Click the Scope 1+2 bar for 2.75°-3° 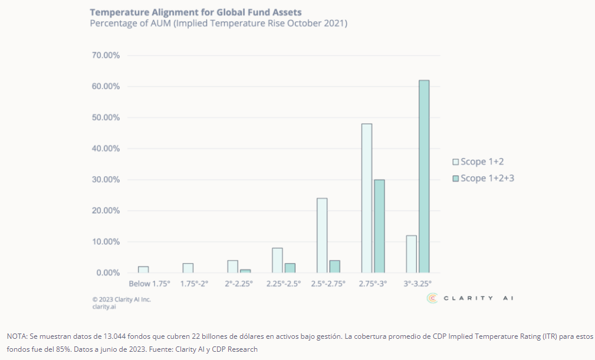click(x=367, y=198)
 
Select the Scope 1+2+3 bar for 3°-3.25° click(x=424, y=176)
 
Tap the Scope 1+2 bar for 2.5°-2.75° click(x=322, y=235)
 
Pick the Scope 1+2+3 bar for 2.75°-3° click(x=379, y=226)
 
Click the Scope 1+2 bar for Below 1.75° click(x=143, y=269)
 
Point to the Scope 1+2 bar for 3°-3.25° click(x=412, y=254)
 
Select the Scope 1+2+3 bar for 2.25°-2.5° click(x=290, y=268)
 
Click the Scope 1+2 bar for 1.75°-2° click(x=188, y=268)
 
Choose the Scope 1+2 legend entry click(x=478, y=161)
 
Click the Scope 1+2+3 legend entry click(x=484, y=178)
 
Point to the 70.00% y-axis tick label click(x=106, y=55)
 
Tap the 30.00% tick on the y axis click(x=106, y=180)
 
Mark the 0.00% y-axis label click(x=108, y=273)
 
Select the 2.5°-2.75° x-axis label click(x=328, y=283)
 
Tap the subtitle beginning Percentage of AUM click(x=218, y=24)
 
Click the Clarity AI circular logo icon click(x=432, y=298)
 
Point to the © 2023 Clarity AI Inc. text click(x=121, y=299)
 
